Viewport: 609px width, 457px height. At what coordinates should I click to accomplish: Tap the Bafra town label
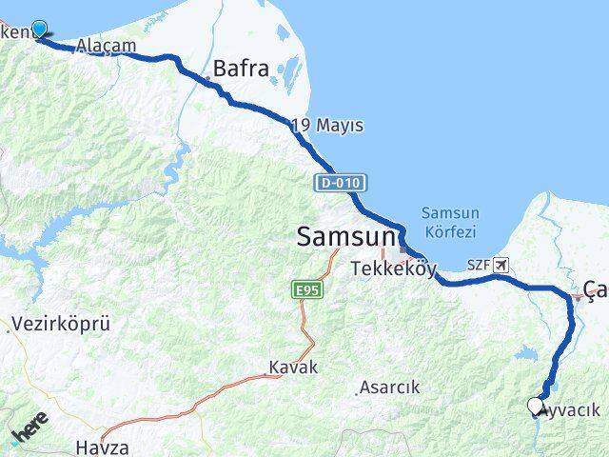[241, 69]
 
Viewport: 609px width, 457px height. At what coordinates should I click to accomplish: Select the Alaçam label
[106, 46]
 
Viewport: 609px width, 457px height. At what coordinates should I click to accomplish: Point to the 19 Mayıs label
[327, 126]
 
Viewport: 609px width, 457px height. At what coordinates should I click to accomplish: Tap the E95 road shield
[304, 288]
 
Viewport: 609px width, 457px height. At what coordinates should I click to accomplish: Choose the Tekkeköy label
[393, 268]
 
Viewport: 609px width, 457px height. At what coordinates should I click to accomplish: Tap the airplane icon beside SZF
[501, 266]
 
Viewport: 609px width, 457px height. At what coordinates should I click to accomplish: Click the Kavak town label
[292, 368]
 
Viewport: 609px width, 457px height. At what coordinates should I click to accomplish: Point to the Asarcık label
[388, 388]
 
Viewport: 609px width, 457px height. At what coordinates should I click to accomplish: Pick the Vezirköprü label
[61, 325]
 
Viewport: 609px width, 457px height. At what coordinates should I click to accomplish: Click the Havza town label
[103, 446]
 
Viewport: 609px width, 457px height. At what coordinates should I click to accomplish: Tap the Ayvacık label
[570, 410]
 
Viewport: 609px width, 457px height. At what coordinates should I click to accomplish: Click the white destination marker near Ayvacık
[535, 406]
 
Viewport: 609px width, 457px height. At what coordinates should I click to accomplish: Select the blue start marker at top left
[40, 30]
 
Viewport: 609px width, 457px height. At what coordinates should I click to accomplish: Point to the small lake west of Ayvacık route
[524, 354]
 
